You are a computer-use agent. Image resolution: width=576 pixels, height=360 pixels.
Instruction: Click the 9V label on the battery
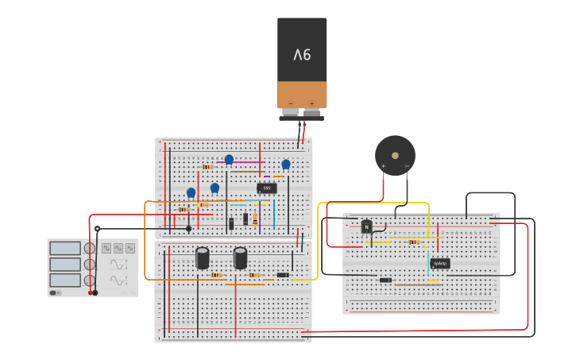click(302, 55)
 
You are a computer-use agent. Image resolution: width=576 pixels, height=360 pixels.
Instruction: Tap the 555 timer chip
click(267, 188)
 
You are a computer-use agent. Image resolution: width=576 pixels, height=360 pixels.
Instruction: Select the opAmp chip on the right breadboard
click(440, 263)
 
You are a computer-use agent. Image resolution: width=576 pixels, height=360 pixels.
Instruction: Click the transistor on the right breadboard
click(366, 226)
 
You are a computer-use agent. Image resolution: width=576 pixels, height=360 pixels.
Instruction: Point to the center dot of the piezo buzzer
click(395, 155)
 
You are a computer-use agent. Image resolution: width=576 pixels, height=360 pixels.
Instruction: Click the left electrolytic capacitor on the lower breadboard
click(203, 257)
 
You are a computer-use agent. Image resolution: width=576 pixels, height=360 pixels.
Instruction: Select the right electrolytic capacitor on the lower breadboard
click(240, 257)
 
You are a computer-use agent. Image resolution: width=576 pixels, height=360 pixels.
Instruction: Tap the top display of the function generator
click(65, 249)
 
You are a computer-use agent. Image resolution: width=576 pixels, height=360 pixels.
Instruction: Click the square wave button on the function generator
click(106, 249)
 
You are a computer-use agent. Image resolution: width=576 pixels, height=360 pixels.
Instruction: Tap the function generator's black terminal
click(95, 292)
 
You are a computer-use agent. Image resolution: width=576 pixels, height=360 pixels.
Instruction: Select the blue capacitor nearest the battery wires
click(286, 165)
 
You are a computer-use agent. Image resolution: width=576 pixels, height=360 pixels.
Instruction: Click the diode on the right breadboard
click(385, 280)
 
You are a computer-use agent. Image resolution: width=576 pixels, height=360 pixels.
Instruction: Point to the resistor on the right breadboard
click(414, 242)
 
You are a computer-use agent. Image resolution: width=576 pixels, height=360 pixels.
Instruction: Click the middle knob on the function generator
click(90, 264)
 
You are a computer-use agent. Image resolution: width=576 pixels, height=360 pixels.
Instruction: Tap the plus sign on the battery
click(311, 103)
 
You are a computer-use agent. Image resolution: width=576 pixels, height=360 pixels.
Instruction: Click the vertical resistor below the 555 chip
click(255, 219)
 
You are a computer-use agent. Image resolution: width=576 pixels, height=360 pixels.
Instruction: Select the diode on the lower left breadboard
click(283, 275)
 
